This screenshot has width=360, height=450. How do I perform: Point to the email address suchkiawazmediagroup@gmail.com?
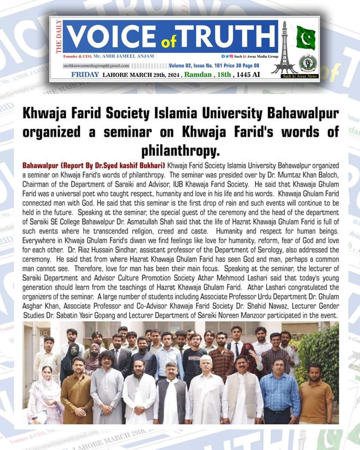pos(97,66)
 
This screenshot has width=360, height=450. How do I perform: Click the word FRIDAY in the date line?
pos(85,74)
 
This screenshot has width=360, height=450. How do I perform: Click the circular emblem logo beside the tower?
pos(308,64)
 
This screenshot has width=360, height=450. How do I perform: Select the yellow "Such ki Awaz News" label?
pos(300,76)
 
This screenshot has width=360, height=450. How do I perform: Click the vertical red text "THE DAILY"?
pos(59,36)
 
